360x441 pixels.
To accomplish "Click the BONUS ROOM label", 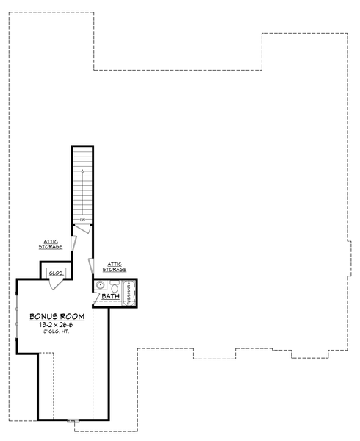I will tap(57, 316).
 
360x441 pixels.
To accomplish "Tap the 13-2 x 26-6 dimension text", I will tap(57, 324).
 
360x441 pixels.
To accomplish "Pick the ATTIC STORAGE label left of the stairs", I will tap(51, 245).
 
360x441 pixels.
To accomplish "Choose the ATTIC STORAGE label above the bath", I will tap(115, 267).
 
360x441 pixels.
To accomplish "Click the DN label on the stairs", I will tap(83, 220).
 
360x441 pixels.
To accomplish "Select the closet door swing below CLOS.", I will tap(57, 282).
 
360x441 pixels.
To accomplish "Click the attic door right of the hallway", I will tap(92, 264).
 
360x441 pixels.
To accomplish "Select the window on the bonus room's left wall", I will tap(17, 316).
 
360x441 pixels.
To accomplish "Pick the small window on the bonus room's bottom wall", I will tap(73, 420).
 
